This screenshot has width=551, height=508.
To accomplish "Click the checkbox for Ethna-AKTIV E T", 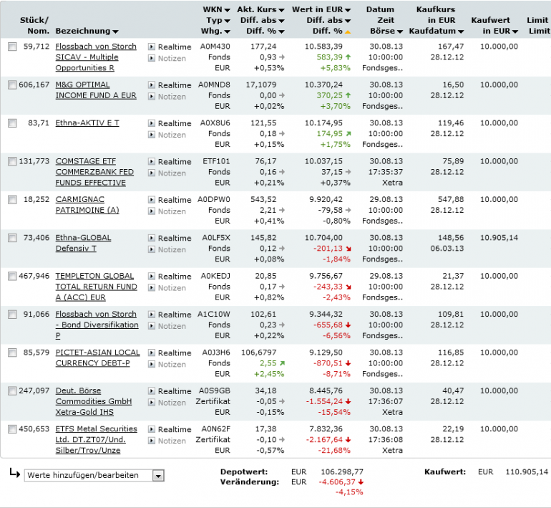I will pos(12,123).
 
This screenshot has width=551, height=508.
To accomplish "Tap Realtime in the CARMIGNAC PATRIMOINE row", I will pos(174,200).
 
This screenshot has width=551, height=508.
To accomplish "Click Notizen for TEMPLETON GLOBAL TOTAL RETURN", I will pos(171,288).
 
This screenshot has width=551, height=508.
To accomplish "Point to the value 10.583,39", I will pos(324,47).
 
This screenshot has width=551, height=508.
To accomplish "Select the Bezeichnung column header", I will pos(83,31).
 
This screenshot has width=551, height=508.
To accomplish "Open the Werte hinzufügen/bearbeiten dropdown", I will pos(94,475).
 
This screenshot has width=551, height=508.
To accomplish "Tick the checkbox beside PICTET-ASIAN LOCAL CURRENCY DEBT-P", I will pos(12,353).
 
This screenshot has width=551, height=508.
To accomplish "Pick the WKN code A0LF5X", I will pos(214,238).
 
